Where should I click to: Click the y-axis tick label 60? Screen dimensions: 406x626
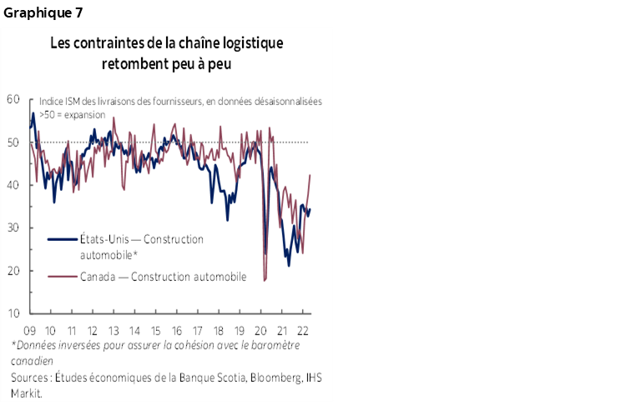[13, 99]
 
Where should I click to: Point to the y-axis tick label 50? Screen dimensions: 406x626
[13, 143]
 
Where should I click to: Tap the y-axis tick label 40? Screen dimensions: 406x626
[13, 185]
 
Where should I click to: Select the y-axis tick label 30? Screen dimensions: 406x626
[13, 228]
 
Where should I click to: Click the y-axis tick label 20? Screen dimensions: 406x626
[13, 271]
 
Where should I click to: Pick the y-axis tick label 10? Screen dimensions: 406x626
[13, 313]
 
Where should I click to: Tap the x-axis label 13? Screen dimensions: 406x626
[114, 328]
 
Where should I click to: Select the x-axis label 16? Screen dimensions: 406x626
[177, 328]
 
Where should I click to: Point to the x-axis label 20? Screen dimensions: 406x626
[261, 328]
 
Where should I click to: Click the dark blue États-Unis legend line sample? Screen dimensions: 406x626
[61, 240]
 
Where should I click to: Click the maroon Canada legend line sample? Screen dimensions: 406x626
[61, 277]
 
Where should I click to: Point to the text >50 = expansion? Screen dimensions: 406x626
[70, 115]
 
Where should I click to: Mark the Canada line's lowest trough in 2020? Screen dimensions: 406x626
[265, 281]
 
